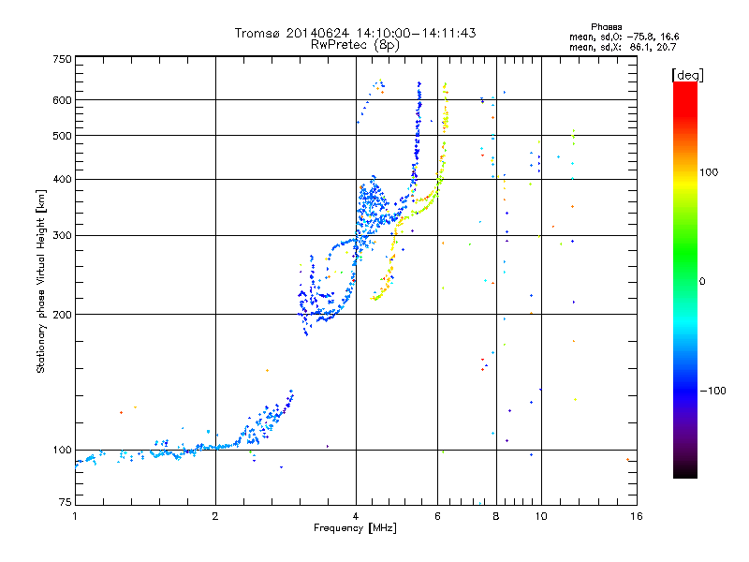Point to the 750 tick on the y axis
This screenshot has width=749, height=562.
[62, 58]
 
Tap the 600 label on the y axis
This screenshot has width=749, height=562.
[62, 100]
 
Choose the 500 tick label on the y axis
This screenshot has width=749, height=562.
[62, 136]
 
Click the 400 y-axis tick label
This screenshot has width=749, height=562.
[62, 179]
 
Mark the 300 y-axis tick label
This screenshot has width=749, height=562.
[62, 235]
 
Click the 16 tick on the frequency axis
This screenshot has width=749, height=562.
[636, 516]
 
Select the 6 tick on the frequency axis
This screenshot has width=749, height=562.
[437, 516]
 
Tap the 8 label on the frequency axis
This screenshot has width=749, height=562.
[495, 516]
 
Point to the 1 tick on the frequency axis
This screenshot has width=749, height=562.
[75, 516]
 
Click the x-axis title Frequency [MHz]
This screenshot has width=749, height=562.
[356, 528]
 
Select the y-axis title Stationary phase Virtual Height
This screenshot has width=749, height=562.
[41, 282]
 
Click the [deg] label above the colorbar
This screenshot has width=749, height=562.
[688, 74]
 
